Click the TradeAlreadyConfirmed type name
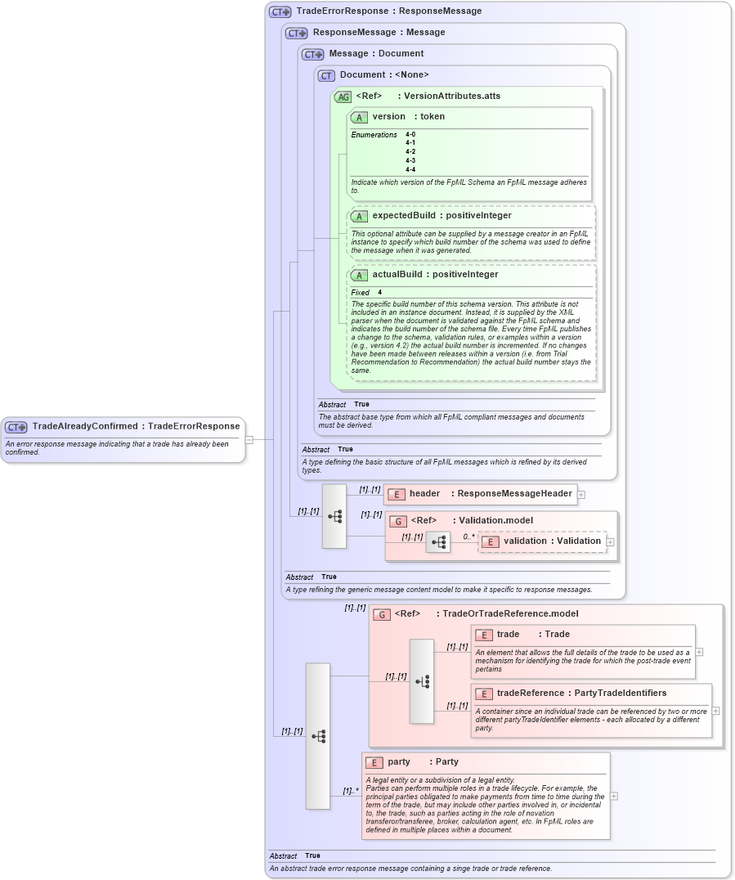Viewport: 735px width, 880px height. (x=85, y=426)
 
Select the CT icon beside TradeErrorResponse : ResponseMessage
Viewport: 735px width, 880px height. (x=280, y=12)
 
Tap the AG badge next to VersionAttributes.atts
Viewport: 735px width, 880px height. (x=343, y=97)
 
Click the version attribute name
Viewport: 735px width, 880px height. (x=388, y=117)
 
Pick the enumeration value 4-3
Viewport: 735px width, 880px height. (x=410, y=160)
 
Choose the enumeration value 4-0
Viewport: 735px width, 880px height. (x=410, y=134)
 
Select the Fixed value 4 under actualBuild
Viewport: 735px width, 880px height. (x=379, y=292)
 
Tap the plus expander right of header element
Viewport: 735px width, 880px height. (x=581, y=494)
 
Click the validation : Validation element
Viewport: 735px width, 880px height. (x=541, y=541)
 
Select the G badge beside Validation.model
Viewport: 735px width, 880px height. (x=398, y=521)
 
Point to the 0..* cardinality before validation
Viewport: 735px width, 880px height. (x=468, y=537)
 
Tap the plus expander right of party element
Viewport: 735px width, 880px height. (x=614, y=796)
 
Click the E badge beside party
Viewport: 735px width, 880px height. (x=374, y=762)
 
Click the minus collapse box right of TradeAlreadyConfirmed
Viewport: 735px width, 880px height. (x=249, y=439)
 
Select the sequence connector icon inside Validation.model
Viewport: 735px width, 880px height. (x=438, y=541)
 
